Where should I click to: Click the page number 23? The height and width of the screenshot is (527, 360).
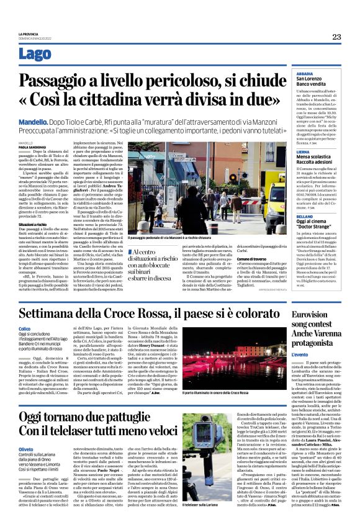pos(336,37)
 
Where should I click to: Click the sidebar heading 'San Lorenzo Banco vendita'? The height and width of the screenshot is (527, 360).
pos(314,83)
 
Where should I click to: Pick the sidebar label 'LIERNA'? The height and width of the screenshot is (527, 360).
pos(304,151)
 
